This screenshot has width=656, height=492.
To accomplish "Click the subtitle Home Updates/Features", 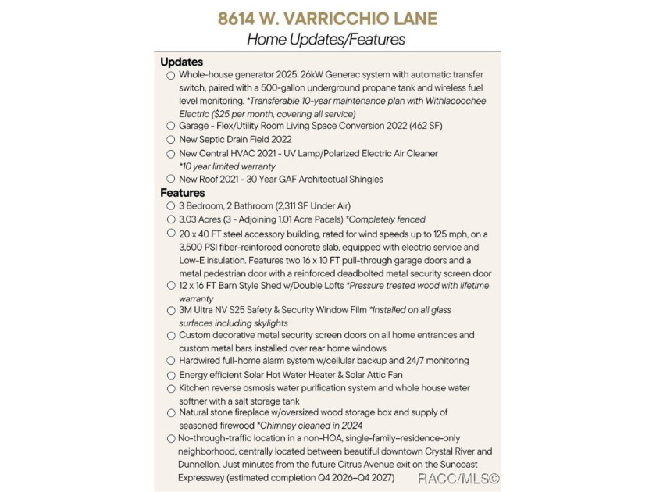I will (326, 38).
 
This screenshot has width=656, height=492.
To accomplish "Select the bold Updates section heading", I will (181, 62).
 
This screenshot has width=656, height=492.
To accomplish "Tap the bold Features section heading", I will (183, 192).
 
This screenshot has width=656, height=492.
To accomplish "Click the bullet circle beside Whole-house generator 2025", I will (171, 76).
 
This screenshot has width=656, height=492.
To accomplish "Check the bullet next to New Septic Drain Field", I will (171, 140).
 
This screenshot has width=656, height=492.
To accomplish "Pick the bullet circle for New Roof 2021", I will (171, 179).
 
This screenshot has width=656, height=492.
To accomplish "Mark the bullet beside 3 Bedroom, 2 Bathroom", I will (171, 206).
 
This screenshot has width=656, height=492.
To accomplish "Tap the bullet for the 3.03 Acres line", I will (171, 219).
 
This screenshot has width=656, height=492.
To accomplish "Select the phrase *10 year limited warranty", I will (227, 166).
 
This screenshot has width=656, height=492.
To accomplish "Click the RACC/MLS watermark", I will (458, 478).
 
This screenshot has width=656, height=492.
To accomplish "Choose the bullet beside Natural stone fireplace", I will (171, 413).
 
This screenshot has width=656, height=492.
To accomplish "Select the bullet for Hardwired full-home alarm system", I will (171, 361).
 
